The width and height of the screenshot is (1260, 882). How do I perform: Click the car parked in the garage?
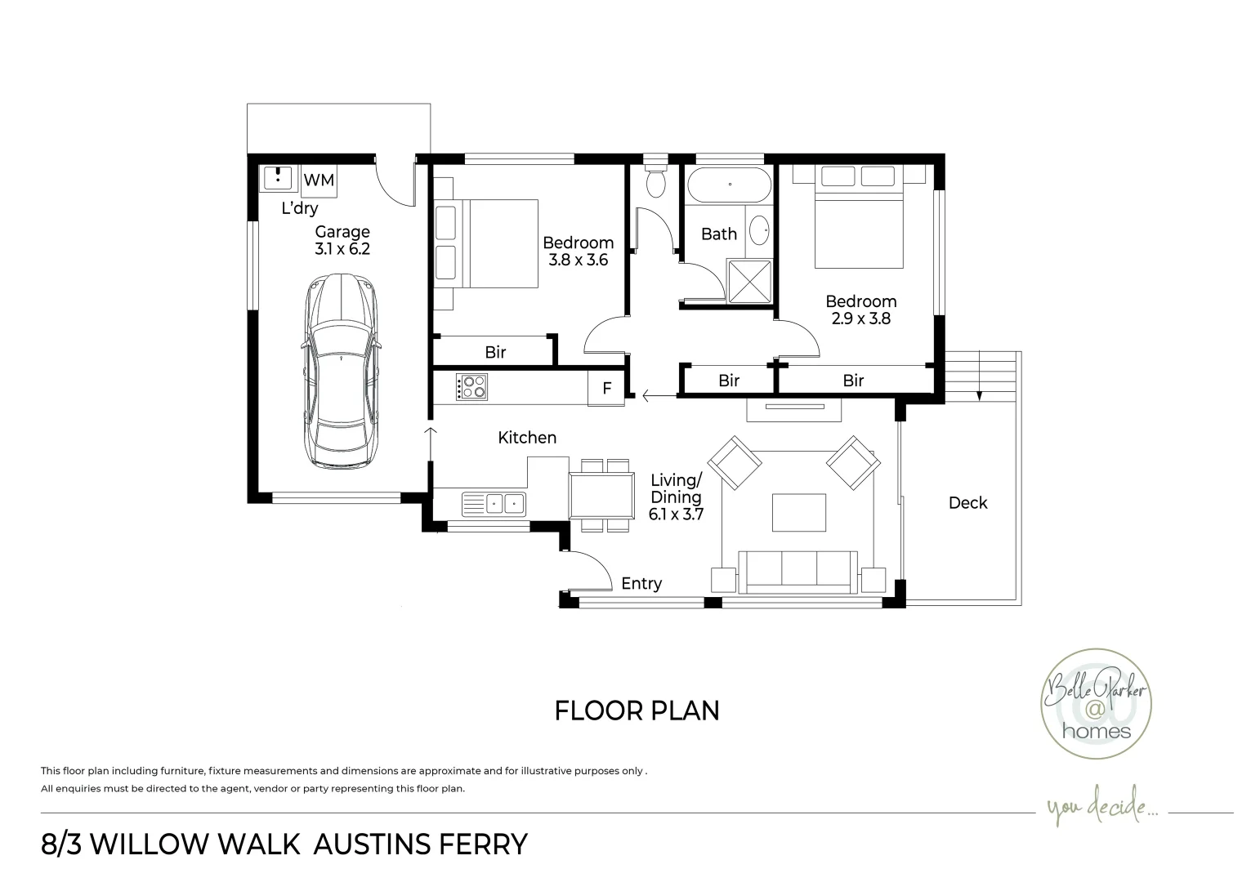click(342, 372)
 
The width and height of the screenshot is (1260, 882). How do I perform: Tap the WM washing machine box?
click(319, 180)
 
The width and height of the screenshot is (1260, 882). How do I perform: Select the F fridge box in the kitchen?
click(606, 389)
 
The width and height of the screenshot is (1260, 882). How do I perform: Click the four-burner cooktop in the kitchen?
click(472, 386)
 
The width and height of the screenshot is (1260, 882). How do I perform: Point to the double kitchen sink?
click(494, 504)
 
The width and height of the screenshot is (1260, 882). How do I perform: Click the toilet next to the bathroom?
click(655, 181)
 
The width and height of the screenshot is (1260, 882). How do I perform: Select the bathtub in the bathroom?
click(729, 185)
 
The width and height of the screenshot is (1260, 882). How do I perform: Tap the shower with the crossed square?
click(749, 280)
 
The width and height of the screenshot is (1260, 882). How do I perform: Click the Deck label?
click(967, 503)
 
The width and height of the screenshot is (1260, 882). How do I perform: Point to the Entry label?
click(641, 584)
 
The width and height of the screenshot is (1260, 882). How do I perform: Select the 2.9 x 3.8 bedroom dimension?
click(860, 319)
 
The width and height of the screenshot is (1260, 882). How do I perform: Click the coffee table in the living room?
click(798, 512)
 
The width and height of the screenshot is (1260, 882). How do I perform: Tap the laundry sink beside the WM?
click(279, 177)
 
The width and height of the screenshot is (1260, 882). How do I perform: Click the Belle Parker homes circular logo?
click(1096, 705)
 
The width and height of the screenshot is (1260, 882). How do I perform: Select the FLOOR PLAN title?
click(637, 710)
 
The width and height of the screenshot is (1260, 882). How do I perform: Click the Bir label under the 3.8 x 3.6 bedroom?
click(495, 353)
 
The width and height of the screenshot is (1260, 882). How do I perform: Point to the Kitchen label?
click(527, 438)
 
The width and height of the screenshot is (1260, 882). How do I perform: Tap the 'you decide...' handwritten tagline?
click(1102, 810)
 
